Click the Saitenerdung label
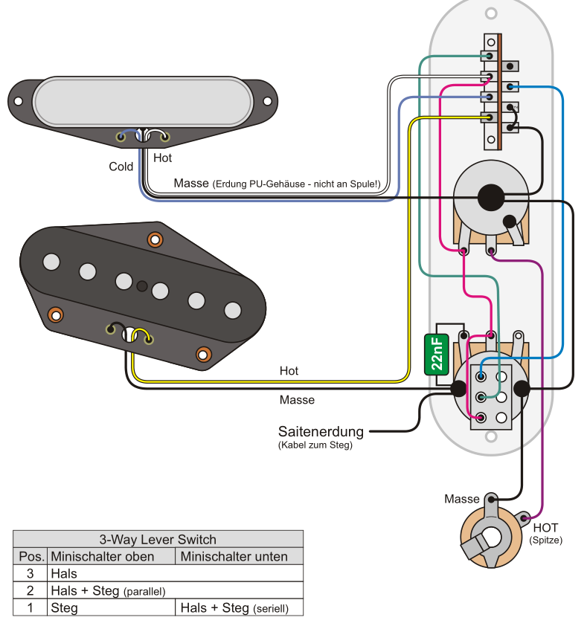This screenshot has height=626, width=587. tap(321, 431)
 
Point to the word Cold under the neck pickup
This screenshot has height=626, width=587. tap(121, 167)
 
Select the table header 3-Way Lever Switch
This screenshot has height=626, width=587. tap(158, 540)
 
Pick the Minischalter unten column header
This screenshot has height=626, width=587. tap(234, 556)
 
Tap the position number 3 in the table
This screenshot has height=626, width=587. tap(31, 573)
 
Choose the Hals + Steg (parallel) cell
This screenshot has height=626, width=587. tap(108, 590)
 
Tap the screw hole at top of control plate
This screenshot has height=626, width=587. tap(491, 13)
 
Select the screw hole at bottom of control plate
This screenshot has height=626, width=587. tap(491, 439)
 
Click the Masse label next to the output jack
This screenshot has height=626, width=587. tap(462, 499)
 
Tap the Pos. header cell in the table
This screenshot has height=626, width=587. tap(31, 556)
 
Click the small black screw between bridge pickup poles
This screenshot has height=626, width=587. tap(142, 285)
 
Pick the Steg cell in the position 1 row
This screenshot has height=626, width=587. tap(64, 607)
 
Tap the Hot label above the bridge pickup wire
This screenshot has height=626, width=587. tap(289, 370)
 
